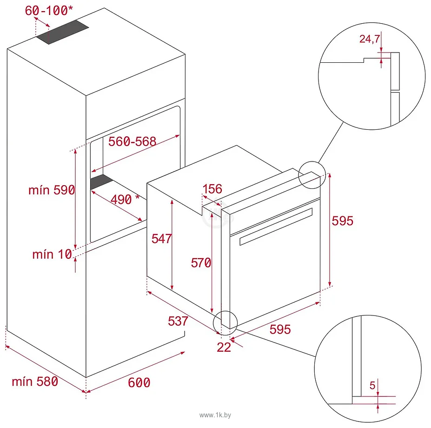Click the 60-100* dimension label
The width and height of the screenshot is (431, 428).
(46, 11)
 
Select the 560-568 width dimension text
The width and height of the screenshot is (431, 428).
(132, 141)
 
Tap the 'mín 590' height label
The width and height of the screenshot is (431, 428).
(51, 190)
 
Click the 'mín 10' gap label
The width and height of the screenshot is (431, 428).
(52, 254)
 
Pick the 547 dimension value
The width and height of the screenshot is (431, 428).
(162, 238)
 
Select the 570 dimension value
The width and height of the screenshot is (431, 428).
(201, 263)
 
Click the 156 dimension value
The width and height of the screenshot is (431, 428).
(212, 189)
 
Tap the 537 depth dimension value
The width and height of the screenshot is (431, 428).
(178, 321)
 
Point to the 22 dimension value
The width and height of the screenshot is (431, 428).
(224, 347)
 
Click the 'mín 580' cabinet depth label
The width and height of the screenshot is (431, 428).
(35, 381)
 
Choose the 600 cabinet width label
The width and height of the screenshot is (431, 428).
(139, 382)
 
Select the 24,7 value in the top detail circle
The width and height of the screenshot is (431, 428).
(370, 39)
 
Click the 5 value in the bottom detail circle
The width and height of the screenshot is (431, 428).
(372, 385)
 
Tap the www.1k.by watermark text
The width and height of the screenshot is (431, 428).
(215, 414)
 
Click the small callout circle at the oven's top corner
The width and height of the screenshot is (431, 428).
(311, 175)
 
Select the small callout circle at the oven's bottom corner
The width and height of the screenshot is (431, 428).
(225, 322)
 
